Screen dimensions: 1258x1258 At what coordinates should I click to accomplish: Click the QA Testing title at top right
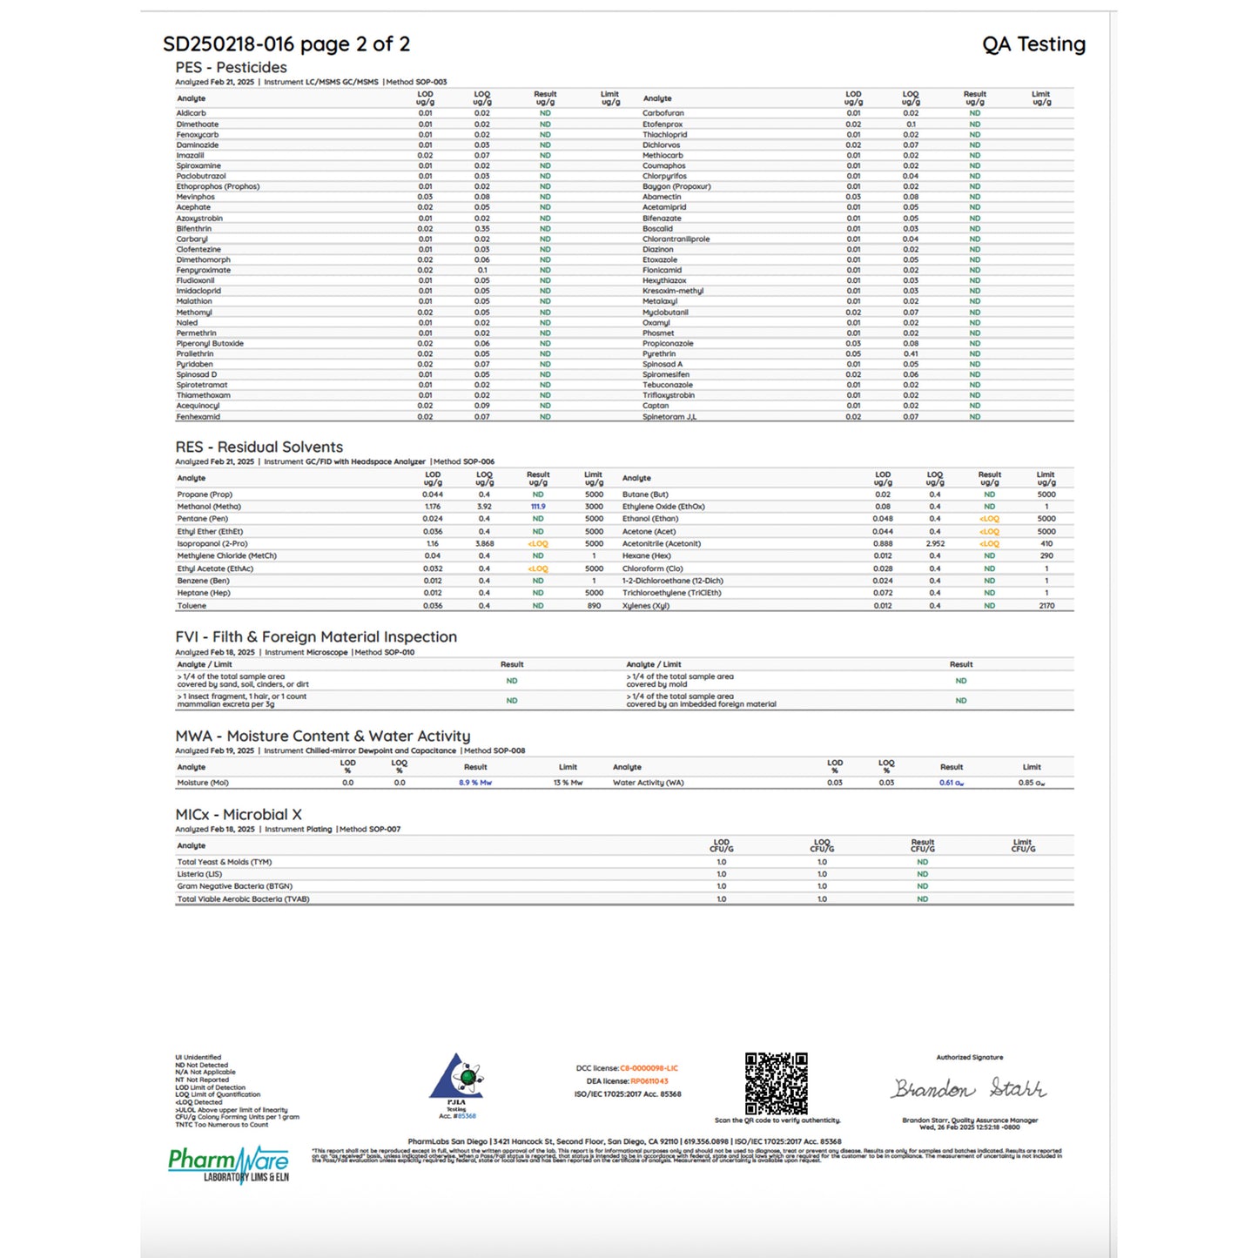point(1033,44)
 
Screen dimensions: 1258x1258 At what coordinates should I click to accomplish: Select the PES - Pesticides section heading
point(231,67)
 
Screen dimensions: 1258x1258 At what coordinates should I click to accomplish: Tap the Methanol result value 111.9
point(538,507)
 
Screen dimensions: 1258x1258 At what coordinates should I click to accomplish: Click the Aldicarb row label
point(192,113)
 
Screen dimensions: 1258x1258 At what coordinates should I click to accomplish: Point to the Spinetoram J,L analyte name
point(669,417)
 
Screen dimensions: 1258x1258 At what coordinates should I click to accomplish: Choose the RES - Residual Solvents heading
point(259,447)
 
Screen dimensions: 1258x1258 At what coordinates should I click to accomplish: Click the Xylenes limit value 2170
point(1046,606)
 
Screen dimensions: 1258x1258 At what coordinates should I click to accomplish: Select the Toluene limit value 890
point(594,606)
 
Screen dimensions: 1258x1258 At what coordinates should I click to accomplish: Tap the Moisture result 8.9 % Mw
point(475,783)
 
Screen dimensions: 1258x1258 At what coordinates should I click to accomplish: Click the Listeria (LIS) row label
point(199,874)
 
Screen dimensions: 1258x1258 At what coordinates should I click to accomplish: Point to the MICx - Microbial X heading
point(239,815)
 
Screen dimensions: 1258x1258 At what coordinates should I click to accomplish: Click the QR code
point(776,1083)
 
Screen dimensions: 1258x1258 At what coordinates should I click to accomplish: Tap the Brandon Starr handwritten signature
point(969,1088)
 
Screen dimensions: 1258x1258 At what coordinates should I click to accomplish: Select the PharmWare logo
point(228,1164)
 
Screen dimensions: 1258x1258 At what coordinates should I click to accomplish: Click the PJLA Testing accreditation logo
point(457,1084)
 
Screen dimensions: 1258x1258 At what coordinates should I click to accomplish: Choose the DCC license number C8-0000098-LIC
point(649,1068)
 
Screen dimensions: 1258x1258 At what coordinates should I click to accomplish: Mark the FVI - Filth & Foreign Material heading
point(316,637)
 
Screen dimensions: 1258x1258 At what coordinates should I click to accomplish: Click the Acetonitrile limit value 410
point(1046,544)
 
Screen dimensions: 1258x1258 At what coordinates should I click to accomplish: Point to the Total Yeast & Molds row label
point(225,862)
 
